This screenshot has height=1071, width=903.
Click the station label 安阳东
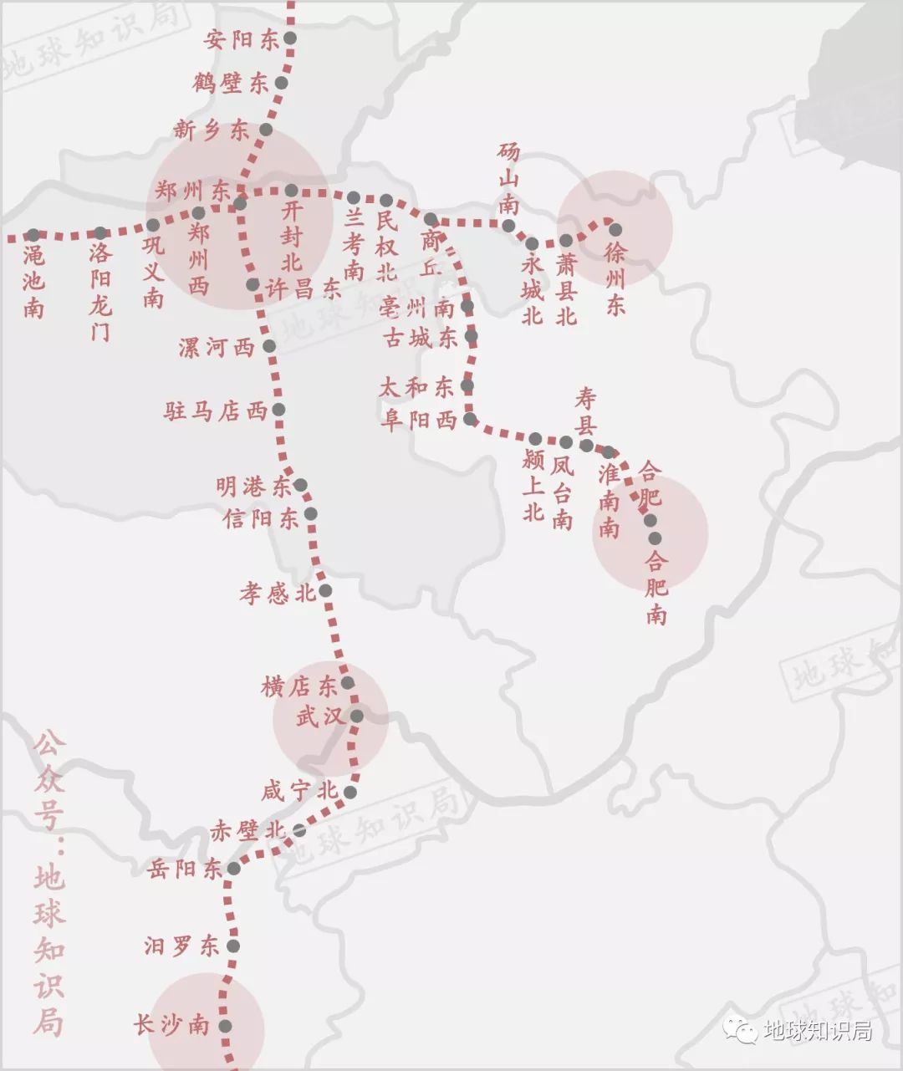point(242,39)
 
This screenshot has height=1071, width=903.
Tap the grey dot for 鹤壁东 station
point(282,84)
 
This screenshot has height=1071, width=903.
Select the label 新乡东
point(212,130)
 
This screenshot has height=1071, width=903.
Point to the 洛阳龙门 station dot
point(100,233)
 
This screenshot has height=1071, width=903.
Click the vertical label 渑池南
point(33,282)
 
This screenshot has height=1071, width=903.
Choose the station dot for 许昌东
point(253,285)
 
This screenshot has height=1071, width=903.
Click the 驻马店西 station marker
point(278,410)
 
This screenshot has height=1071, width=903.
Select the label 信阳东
point(260,518)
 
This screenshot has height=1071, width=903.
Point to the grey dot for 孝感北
point(325,590)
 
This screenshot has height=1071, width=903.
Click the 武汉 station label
point(319,717)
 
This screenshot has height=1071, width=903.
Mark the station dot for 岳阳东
point(234,869)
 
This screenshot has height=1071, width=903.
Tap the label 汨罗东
point(181,946)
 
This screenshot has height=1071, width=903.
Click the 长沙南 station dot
point(225,1026)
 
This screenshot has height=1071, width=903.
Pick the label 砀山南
point(508,179)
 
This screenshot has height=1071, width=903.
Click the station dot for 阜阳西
point(471,418)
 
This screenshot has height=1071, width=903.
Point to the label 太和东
point(416,387)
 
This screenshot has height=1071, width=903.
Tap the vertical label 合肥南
point(656,588)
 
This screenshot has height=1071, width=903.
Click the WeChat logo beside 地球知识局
point(740,1029)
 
